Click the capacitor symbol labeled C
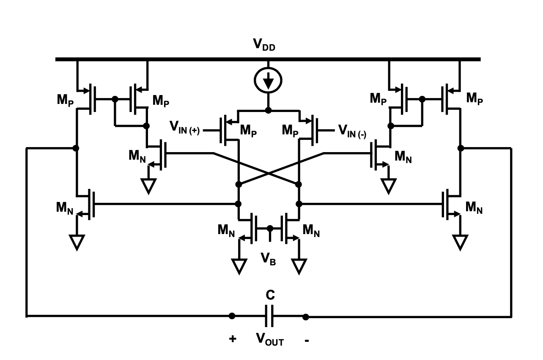269,316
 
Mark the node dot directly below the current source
268,111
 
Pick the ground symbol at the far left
77,243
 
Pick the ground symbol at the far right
460,243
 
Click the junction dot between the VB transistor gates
269,229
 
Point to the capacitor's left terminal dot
232,316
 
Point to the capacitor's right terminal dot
306,316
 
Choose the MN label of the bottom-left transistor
66,207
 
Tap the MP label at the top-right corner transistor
475,98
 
